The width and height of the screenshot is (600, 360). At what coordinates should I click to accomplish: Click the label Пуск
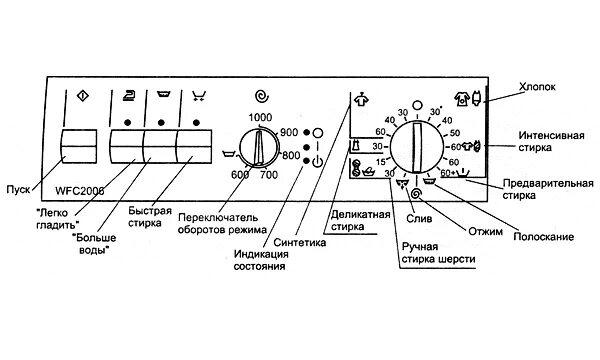[18, 187]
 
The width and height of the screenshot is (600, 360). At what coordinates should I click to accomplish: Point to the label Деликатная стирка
[363, 218]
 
